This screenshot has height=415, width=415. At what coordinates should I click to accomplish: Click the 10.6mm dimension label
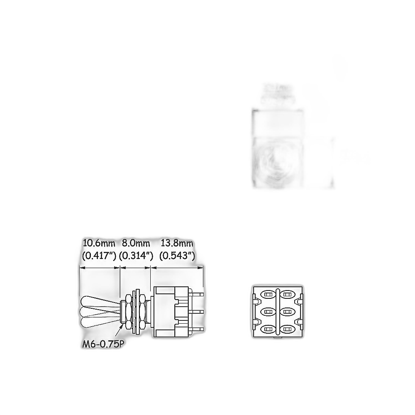(99, 243)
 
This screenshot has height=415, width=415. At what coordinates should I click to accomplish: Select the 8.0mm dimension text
(136, 243)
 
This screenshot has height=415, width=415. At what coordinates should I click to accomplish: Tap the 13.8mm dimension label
(177, 243)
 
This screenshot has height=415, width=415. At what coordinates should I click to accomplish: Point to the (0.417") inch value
(99, 256)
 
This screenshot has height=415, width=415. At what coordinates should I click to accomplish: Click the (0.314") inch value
(136, 256)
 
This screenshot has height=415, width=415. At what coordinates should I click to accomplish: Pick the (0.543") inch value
(177, 256)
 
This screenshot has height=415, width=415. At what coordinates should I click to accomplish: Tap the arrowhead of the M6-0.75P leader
(122, 325)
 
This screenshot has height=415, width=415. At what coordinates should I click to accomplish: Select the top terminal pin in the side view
(196, 294)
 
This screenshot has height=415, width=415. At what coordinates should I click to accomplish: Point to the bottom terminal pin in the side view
(196, 330)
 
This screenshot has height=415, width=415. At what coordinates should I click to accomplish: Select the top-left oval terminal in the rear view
(268, 295)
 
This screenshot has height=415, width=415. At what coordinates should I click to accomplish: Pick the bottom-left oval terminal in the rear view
(268, 330)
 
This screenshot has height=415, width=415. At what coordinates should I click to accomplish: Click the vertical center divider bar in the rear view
(278, 312)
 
